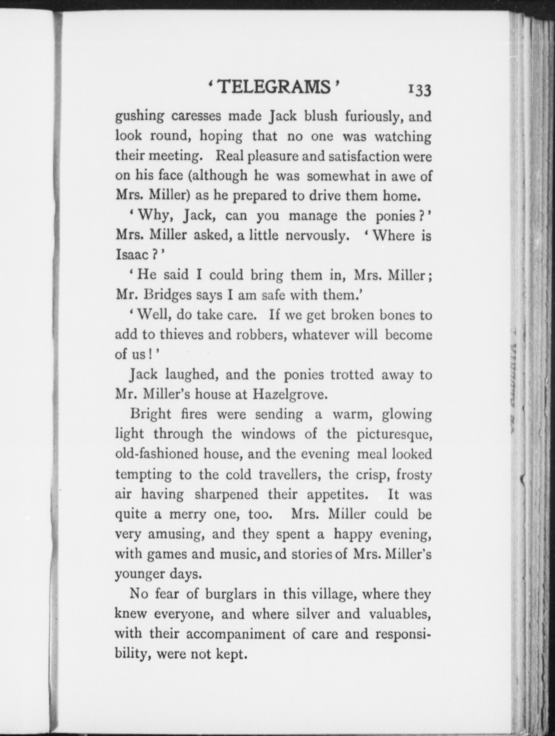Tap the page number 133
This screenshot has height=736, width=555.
(420, 90)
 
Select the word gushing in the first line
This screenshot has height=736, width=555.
(139, 117)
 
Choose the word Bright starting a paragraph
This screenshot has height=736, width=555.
(150, 414)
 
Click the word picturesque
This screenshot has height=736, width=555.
(394, 435)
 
